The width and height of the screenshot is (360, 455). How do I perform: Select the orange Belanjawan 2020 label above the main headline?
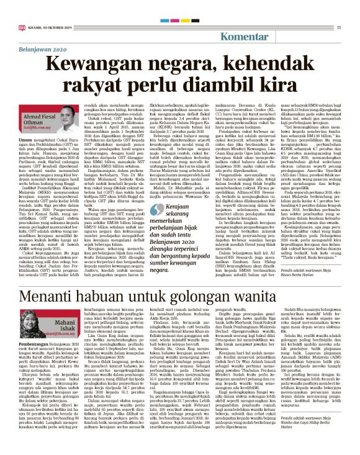point(42,48)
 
